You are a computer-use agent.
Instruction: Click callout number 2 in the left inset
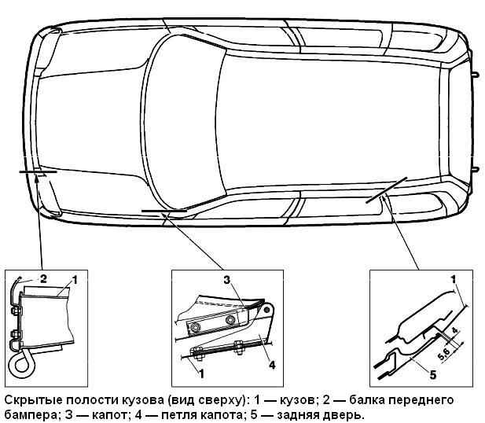pyautogui.click(x=43, y=279)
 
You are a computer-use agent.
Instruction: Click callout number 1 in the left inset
pyautogui.click(x=74, y=281)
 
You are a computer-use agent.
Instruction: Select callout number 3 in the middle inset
pyautogui.click(x=227, y=281)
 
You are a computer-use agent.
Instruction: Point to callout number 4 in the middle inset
pyautogui.click(x=272, y=365)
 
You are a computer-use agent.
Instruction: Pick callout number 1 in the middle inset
pyautogui.click(x=202, y=373)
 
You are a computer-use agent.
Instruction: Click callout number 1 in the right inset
pyautogui.click(x=454, y=280)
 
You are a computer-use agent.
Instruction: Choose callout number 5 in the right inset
pyautogui.click(x=433, y=375)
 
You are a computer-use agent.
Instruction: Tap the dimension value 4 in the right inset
pyautogui.click(x=455, y=330)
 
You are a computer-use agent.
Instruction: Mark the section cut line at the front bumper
pyautogui.click(x=38, y=171)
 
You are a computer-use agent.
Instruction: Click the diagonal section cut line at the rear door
pyautogui.click(x=386, y=190)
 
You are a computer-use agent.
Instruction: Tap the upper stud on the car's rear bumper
pyautogui.click(x=476, y=75)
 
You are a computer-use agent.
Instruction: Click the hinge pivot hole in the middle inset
pyautogui.click(x=267, y=309)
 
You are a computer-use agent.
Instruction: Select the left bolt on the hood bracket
pyautogui.click(x=195, y=326)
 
